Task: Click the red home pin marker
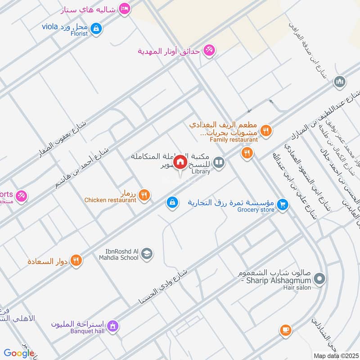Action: point(180,162)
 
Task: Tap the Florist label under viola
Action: point(79,33)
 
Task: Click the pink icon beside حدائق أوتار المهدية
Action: point(208,50)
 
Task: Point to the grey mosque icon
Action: point(339,82)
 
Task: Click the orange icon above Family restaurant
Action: point(266,130)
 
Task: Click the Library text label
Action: point(201,171)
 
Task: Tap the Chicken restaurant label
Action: point(110,200)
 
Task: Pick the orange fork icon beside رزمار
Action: point(144,195)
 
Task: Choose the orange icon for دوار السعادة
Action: point(76,260)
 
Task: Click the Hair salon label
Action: point(297,288)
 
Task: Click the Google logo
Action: point(19,354)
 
